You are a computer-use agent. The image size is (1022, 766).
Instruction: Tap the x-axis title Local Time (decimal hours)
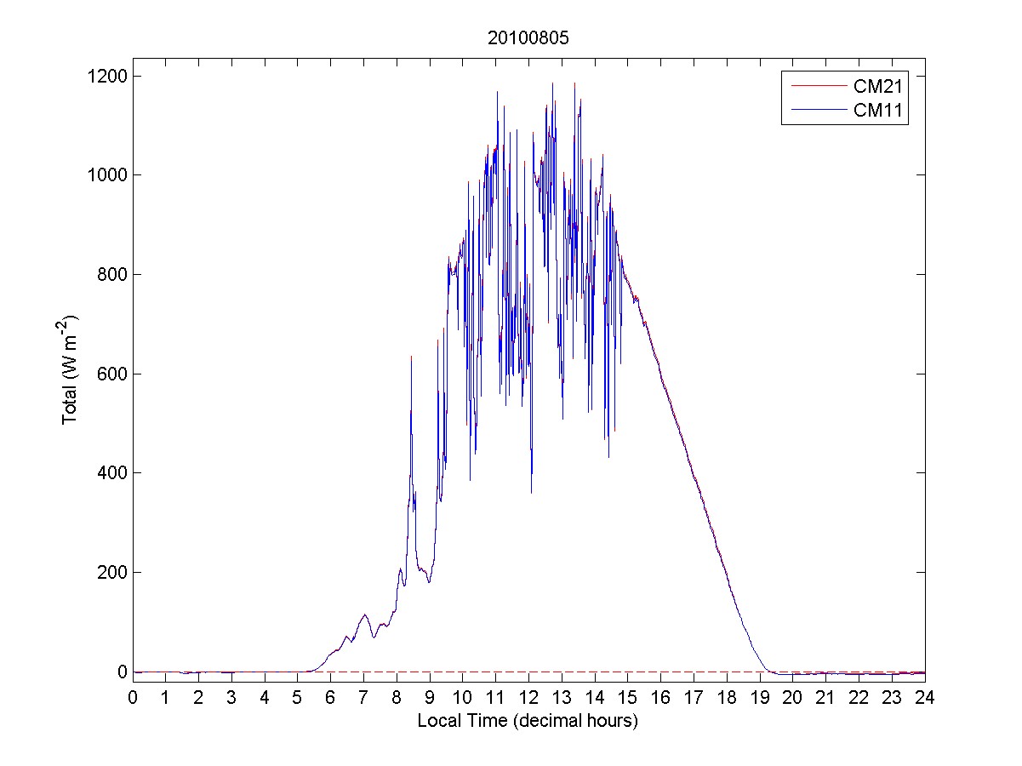[x=528, y=721]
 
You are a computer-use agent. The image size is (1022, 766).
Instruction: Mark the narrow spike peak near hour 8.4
[x=411, y=357]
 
